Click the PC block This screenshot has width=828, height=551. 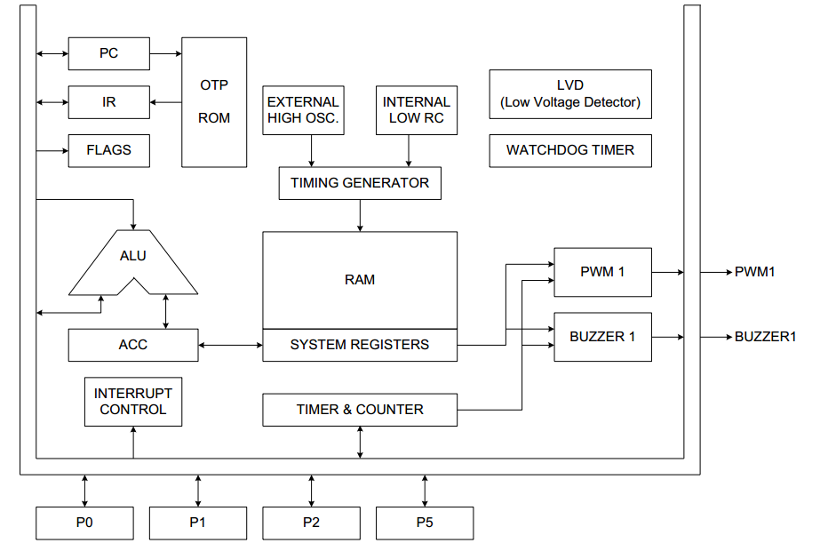pyautogui.click(x=108, y=53)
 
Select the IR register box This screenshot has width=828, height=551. pyautogui.click(x=108, y=102)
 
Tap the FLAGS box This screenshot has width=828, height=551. pyautogui.click(x=108, y=150)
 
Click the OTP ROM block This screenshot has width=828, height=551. pyautogui.click(x=214, y=101)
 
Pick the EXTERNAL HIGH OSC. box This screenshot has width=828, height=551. pyautogui.click(x=303, y=110)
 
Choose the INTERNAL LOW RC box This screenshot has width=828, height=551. pyautogui.click(x=417, y=110)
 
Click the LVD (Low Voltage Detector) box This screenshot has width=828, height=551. pyautogui.click(x=570, y=94)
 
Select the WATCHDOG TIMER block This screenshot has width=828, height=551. pyautogui.click(x=570, y=150)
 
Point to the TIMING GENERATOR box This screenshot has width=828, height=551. pyautogui.click(x=360, y=183)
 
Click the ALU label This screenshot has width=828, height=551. pyautogui.click(x=133, y=256)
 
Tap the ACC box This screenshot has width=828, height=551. pyautogui.click(x=133, y=345)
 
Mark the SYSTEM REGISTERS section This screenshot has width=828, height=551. pyautogui.click(x=360, y=345)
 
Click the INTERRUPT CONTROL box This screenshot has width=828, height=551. pyautogui.click(x=133, y=402)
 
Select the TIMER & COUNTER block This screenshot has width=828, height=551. pyautogui.click(x=360, y=410)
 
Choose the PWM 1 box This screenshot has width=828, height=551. pyautogui.click(x=602, y=272)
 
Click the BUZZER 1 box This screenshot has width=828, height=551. pyautogui.click(x=602, y=337)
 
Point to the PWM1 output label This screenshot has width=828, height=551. pyautogui.click(x=755, y=272)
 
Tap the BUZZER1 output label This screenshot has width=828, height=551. pyautogui.click(x=765, y=337)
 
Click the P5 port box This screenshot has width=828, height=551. pyautogui.click(x=425, y=523)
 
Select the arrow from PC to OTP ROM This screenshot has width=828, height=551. pyautogui.click(x=165, y=53)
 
